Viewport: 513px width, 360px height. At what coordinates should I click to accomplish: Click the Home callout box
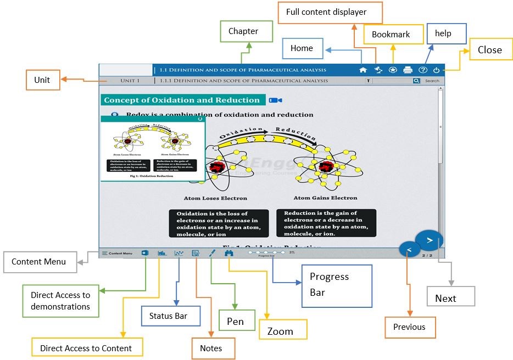tap(303, 48)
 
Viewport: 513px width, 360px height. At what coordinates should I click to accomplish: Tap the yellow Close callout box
tap(489, 50)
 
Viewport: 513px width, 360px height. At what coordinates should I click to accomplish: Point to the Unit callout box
tap(42, 80)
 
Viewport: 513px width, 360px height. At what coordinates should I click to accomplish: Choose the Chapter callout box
tap(243, 32)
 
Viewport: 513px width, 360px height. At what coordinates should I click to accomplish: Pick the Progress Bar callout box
tap(337, 285)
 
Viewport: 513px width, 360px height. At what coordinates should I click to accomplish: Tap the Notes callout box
tap(211, 348)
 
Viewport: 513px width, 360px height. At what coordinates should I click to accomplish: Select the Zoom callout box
tap(280, 331)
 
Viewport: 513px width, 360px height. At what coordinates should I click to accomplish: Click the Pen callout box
tap(236, 321)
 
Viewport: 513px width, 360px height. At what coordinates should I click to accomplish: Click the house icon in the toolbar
tap(363, 70)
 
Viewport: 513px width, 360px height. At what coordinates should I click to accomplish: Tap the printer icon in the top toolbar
tap(408, 70)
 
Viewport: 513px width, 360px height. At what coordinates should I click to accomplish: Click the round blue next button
tap(429, 240)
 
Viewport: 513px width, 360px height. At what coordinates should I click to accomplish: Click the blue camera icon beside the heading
tap(275, 100)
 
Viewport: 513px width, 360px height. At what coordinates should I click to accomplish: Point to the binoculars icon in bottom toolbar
tap(229, 254)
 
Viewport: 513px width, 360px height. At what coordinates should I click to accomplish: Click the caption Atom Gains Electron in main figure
tap(325, 198)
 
